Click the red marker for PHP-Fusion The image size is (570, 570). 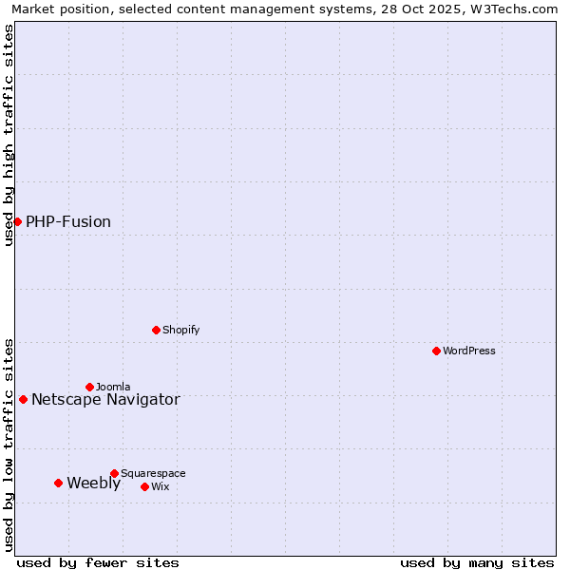coord(17,221)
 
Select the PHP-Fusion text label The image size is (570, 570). coord(68,222)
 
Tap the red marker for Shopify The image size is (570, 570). coord(156,330)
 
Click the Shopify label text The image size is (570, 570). coord(181,331)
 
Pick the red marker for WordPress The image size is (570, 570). coord(436,351)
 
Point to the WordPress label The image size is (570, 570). coord(469,351)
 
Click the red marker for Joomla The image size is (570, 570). coord(89,387)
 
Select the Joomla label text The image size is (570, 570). coord(113,388)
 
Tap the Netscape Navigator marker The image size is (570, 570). coord(23,399)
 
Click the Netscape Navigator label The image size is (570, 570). coord(105,400)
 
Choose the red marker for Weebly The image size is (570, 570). coord(58,483)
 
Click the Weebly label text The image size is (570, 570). coord(94,484)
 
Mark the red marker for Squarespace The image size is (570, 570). coord(114,473)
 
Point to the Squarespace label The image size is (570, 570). coord(153,474)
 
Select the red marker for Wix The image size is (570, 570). coord(144,486)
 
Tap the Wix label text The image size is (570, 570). coord(161,487)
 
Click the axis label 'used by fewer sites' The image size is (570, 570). coord(98,562)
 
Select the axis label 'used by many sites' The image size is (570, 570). coord(477,562)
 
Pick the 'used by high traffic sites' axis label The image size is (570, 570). coord(9,135)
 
